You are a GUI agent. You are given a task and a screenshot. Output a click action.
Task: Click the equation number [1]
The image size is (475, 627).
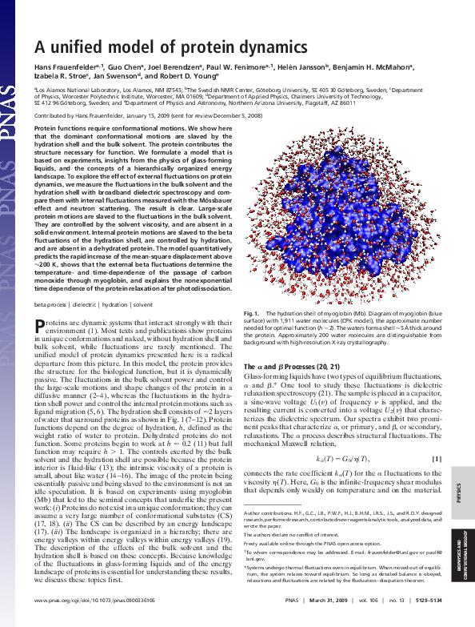point(437,458)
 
